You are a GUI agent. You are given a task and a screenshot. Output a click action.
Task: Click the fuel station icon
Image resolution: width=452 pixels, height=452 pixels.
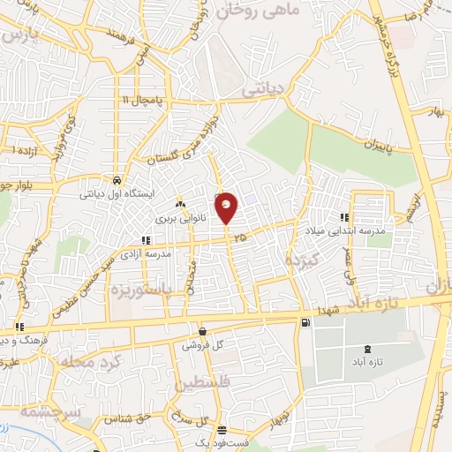point(305,323)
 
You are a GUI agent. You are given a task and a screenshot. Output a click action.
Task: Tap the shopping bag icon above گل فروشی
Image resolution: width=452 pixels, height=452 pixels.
point(202,331)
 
